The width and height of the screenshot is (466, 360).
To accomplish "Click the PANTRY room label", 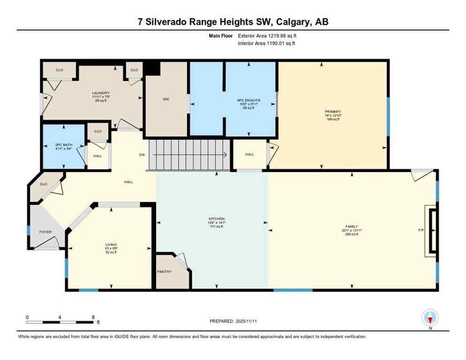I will (165, 271).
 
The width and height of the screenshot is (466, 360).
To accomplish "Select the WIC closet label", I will (165, 99).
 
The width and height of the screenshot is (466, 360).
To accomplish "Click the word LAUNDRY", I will (101, 93).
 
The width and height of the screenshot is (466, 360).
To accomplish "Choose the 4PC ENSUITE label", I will (248, 100).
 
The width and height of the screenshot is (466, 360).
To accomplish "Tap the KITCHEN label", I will (217, 219).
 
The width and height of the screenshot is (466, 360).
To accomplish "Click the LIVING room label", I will (111, 244).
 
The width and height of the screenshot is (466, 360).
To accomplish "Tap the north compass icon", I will (429, 317).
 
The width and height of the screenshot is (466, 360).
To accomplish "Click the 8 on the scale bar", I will (93, 317).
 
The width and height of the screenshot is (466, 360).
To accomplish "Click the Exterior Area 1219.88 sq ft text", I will (267, 36).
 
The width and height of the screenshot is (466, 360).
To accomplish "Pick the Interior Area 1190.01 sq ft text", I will (267, 43).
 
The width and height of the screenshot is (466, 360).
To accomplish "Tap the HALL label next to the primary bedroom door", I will (249, 154).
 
